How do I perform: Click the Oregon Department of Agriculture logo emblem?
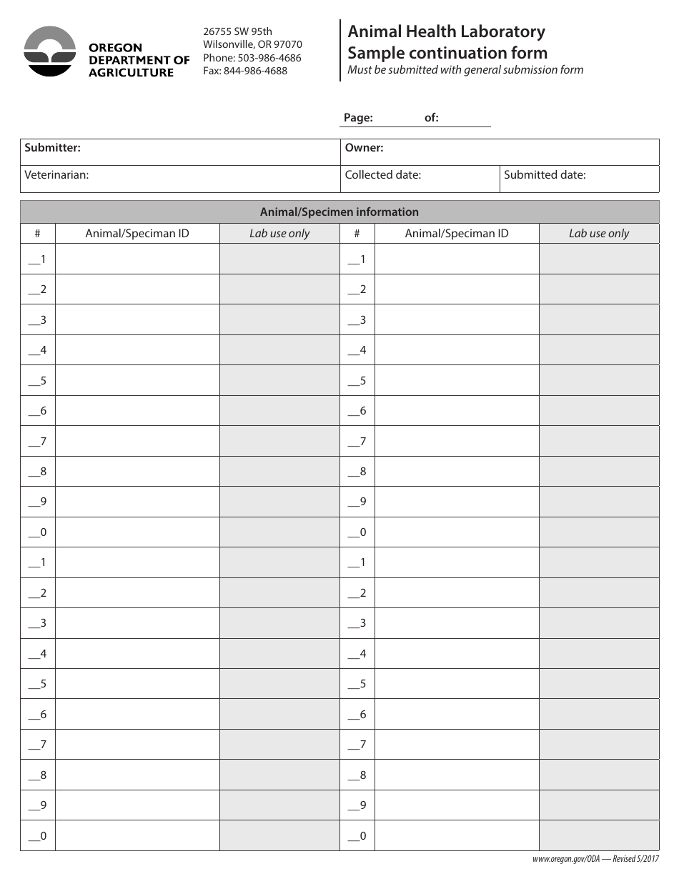(50, 51)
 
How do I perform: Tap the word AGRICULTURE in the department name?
(131, 72)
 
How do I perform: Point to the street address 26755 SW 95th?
(237, 31)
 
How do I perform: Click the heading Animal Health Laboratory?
(446, 31)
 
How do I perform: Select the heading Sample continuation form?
(447, 53)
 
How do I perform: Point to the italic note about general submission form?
(465, 70)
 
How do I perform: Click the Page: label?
(358, 118)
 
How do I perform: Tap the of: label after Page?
(432, 118)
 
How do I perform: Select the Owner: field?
(500, 152)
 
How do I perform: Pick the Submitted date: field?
(579, 178)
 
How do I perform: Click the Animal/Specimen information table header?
(339, 212)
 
